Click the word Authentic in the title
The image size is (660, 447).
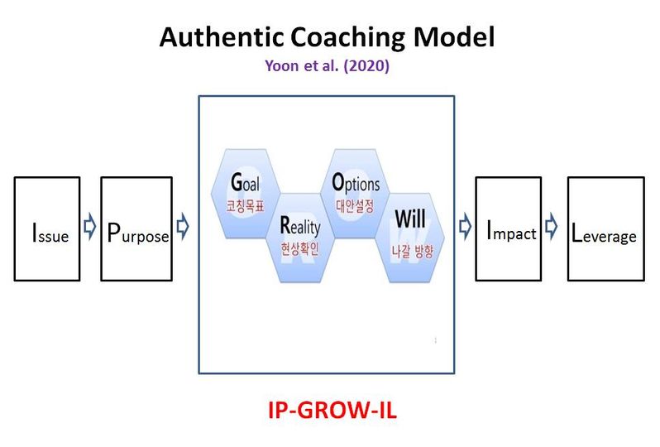tap(222, 36)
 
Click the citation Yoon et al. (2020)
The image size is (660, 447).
tap(327, 65)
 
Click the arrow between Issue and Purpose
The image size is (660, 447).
tap(89, 226)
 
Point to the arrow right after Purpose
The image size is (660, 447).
tap(183, 226)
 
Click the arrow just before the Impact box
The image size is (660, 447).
tap(465, 226)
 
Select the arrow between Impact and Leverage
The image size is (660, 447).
tap(552, 226)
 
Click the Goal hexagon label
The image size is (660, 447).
tap(246, 182)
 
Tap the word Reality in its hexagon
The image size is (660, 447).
tap(300, 226)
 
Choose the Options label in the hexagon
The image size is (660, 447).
tap(356, 183)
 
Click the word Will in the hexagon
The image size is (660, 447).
tap(410, 219)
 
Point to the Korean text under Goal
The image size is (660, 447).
tap(246, 206)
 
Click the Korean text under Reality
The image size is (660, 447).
tap(299, 249)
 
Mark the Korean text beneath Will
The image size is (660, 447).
tap(412, 252)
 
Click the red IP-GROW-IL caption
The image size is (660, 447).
tap(332, 410)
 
